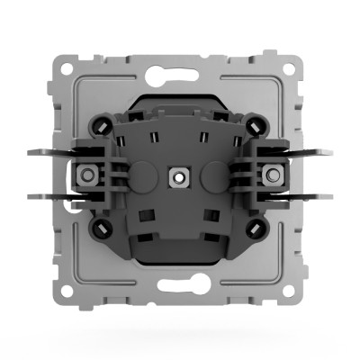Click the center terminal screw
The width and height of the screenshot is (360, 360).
tap(180, 177)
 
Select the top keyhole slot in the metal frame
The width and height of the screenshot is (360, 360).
tap(180, 68)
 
